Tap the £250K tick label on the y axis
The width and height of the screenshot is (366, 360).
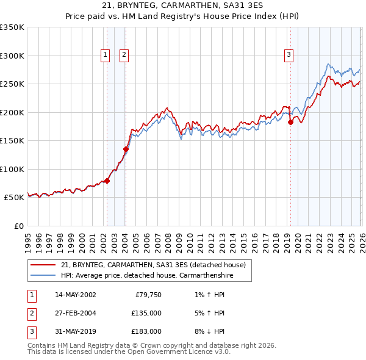(12, 84)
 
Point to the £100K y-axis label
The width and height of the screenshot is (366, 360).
(12, 169)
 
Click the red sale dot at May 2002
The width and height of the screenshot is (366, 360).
(107, 181)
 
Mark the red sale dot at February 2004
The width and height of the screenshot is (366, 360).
(126, 149)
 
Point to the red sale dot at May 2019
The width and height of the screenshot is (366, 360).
(290, 122)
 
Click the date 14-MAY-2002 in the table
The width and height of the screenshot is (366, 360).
(75, 295)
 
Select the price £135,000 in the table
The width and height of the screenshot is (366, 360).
(147, 313)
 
